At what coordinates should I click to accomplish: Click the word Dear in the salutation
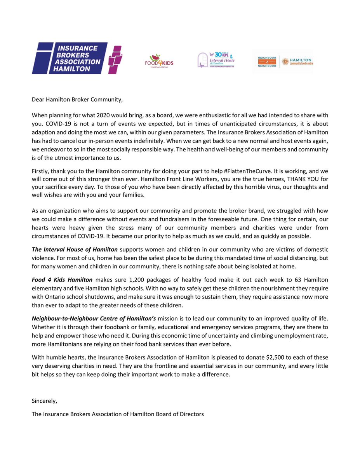pos(38,100)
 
